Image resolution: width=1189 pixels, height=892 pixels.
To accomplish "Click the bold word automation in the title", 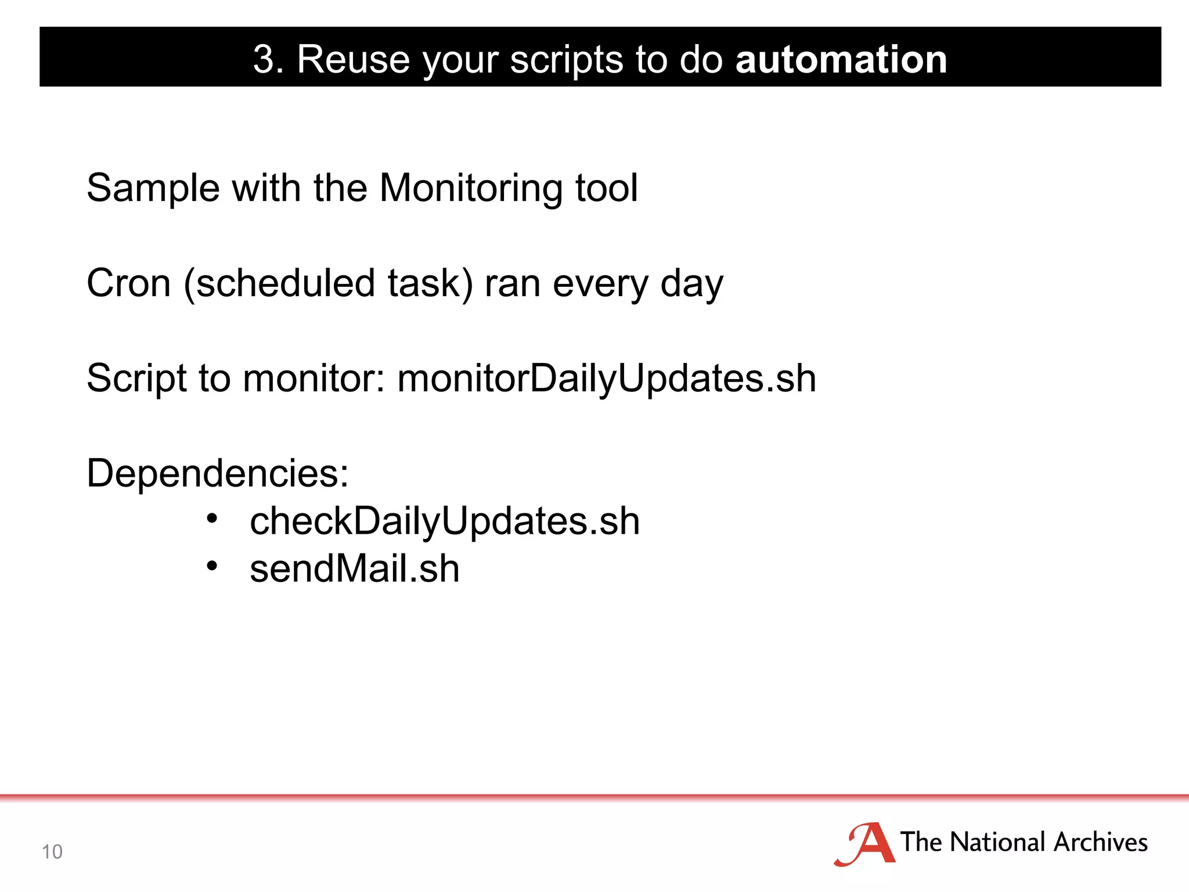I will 841,59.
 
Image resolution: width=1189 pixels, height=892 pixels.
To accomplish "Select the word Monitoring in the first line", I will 471,189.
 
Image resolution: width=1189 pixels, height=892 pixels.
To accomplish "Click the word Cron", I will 128,283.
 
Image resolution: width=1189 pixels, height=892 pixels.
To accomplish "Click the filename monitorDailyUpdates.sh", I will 607,379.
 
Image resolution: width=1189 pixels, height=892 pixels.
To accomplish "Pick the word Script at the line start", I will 136,379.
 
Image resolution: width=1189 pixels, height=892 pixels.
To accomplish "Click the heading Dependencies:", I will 218,473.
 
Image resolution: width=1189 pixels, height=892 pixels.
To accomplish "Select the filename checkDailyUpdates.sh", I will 445,521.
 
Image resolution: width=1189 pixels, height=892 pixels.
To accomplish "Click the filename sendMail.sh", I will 354,569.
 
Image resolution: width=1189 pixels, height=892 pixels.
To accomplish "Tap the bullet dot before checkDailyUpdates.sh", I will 212,517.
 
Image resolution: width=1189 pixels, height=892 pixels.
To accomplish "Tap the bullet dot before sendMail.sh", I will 212,565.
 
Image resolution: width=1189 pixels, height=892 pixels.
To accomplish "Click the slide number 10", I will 52,851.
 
